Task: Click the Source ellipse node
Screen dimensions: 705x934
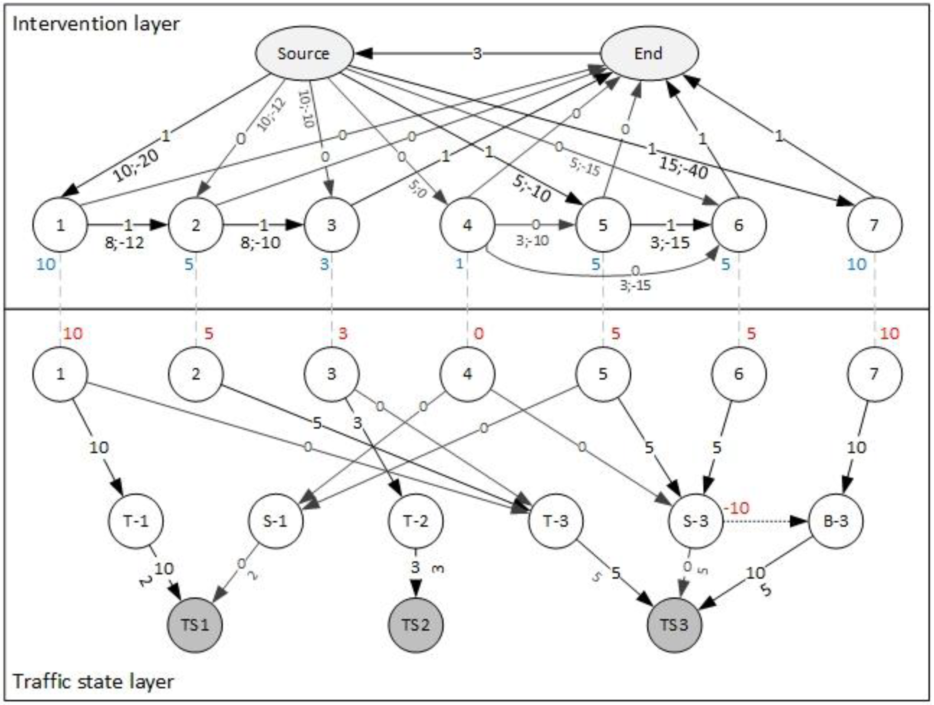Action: tap(304, 54)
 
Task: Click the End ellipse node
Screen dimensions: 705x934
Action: tap(649, 54)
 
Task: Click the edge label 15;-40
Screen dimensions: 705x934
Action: tap(684, 169)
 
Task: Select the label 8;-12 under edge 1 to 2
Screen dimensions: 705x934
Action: tap(124, 243)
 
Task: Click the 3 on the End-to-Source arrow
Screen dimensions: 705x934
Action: tap(477, 54)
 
